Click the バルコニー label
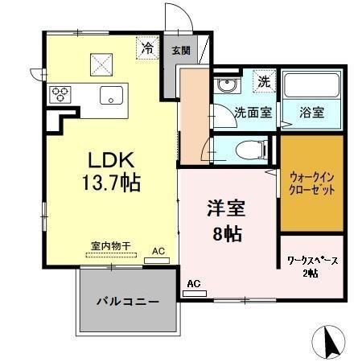(128, 302)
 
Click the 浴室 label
(312, 113)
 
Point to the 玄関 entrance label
(179, 49)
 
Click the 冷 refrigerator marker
(148, 47)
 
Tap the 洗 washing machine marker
(263, 80)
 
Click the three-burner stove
(60, 93)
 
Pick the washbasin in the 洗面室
(227, 86)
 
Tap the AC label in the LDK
(159, 251)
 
